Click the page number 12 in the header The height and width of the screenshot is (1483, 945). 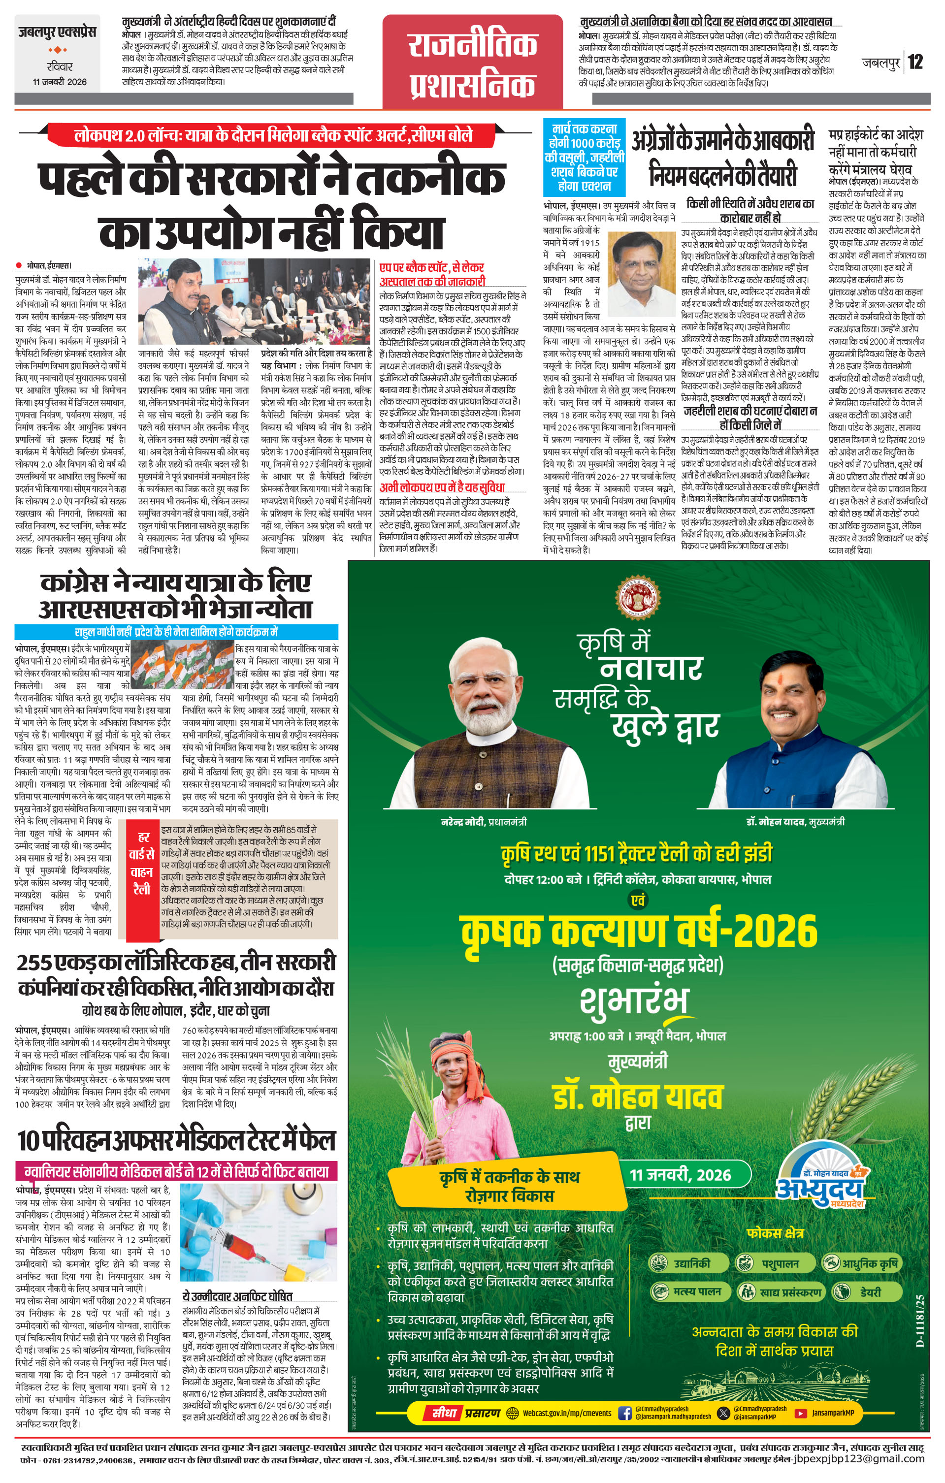(915, 62)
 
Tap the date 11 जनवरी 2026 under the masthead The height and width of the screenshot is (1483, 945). (60, 81)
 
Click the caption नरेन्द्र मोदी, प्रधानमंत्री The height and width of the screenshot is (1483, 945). (484, 822)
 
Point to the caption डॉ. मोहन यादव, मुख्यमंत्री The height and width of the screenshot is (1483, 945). (795, 822)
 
